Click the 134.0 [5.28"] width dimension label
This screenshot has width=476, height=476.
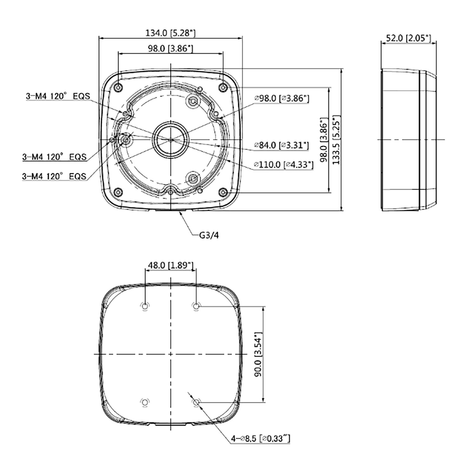(170, 33)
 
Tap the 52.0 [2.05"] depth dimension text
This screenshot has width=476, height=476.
(408, 38)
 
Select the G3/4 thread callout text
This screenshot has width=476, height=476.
(209, 235)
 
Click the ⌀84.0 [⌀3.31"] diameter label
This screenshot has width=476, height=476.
(281, 145)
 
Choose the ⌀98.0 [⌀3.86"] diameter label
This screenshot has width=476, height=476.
(281, 98)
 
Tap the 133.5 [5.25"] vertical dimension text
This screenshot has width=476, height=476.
(337, 140)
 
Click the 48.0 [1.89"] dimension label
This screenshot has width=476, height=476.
(171, 265)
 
